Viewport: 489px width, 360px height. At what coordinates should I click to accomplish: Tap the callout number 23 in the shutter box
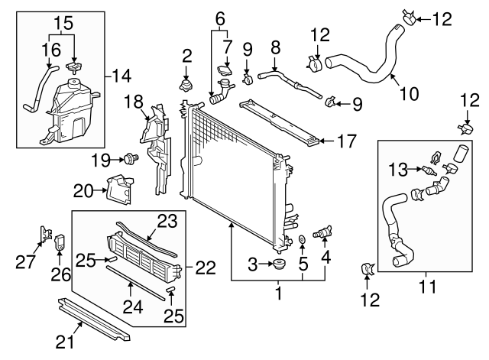[167, 221]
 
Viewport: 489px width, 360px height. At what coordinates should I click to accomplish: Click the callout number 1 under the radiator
[278, 292]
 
